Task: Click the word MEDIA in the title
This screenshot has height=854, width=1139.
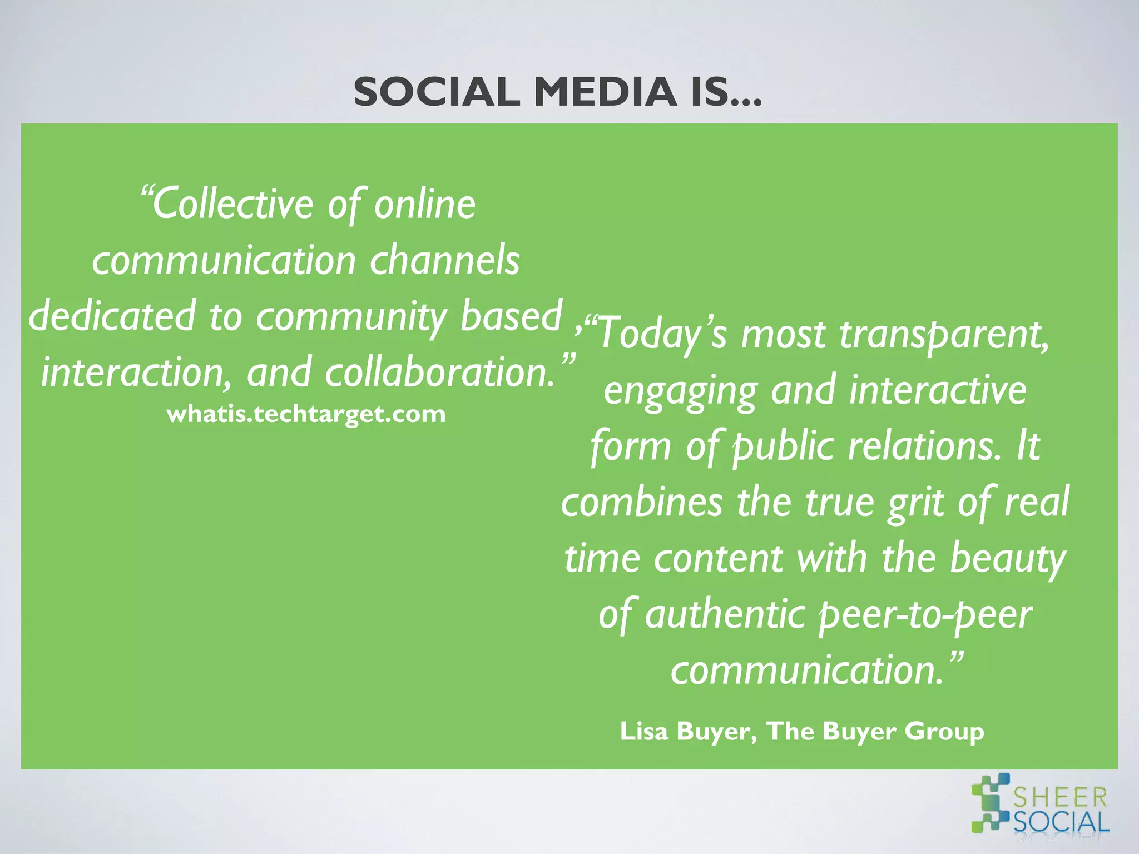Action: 605,92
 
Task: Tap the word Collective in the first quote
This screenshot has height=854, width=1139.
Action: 228,205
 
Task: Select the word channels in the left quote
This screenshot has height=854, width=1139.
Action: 445,260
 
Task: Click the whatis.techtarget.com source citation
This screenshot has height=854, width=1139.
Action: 306,414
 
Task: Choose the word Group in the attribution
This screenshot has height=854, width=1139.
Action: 944,732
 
